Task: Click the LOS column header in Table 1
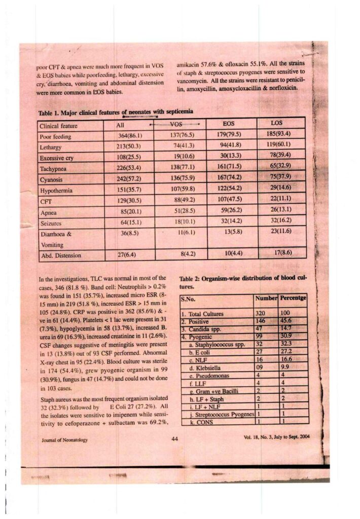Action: [x=277, y=123]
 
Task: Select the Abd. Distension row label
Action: [x=60, y=255]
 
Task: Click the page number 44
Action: [x=175, y=439]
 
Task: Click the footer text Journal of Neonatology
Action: [x=64, y=440]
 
